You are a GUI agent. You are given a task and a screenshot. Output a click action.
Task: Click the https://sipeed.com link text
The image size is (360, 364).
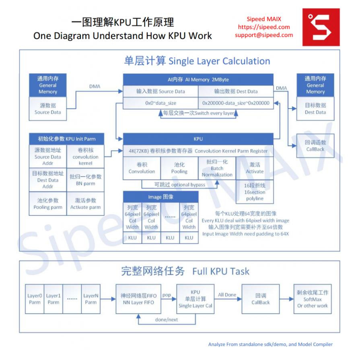click(x=264, y=27)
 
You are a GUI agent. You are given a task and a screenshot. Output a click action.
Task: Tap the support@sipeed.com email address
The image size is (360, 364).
click(x=264, y=35)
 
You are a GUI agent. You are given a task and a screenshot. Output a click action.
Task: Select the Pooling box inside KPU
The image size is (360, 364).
click(x=179, y=168)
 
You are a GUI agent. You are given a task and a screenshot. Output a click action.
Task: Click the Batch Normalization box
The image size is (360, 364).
click(x=217, y=168)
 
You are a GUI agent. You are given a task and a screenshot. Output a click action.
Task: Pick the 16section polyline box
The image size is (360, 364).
click(x=255, y=192)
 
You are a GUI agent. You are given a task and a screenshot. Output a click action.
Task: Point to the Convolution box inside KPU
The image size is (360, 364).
click(x=142, y=168)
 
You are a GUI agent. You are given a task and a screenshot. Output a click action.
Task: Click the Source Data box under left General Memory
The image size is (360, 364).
click(x=47, y=109)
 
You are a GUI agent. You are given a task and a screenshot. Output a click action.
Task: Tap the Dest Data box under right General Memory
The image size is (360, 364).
click(x=315, y=109)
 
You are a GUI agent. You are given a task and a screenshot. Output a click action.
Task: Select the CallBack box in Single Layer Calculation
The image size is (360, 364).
click(x=315, y=145)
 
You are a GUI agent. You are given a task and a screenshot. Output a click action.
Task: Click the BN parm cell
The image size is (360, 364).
click(x=85, y=180)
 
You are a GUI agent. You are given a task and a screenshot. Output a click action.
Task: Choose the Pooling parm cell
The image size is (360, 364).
click(x=47, y=204)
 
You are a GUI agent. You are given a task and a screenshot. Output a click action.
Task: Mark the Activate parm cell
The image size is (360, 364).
click(x=85, y=204)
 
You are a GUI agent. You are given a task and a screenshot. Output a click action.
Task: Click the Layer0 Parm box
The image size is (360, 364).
click(x=35, y=299)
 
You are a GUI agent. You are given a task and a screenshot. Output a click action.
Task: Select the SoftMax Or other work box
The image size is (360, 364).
click(x=312, y=299)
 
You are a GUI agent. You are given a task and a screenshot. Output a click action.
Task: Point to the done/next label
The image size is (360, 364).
click(x=167, y=320)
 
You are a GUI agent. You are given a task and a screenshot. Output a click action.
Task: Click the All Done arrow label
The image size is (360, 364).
click(x=227, y=295)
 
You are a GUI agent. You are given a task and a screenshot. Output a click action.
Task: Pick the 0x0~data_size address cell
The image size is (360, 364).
click(x=160, y=103)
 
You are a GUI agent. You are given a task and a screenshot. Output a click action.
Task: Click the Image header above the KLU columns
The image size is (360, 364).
click(x=160, y=197)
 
